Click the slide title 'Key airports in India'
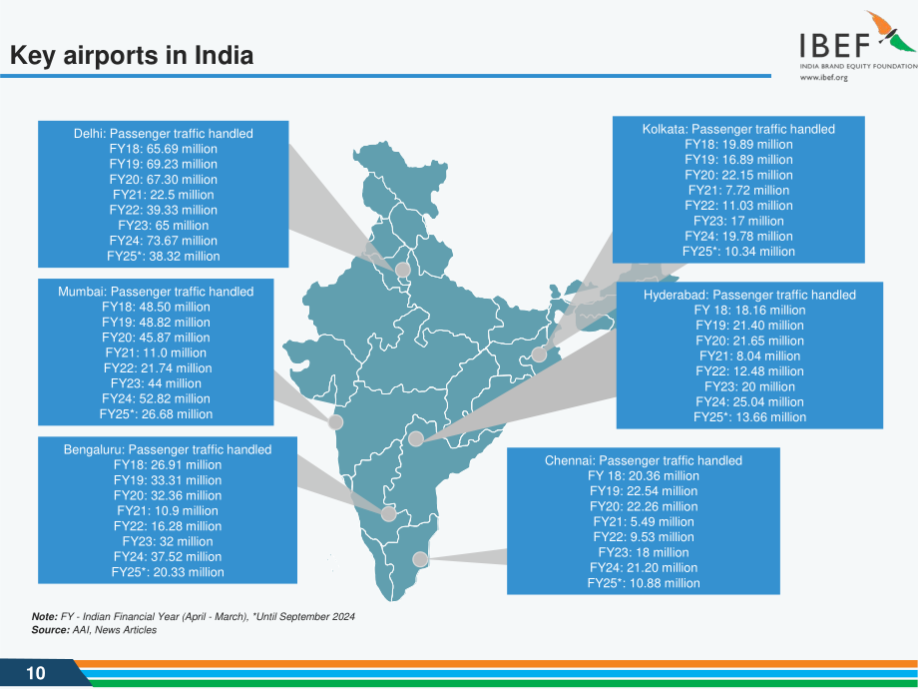tap(132, 55)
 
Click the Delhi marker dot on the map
tap(403, 270)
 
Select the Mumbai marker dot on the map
tap(335, 421)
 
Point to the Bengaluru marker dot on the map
tap(389, 514)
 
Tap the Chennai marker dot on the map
tap(420, 559)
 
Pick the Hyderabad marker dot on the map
tap(416, 438)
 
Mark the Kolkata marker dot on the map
tap(539, 354)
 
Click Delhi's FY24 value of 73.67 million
tap(164, 241)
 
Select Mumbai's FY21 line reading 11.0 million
tap(156, 352)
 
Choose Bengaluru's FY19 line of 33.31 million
tap(168, 480)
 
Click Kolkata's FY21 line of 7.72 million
tap(738, 191)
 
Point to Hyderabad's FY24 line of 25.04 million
tap(750, 401)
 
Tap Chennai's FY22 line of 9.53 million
tap(644, 537)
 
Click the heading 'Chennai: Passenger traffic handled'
tap(644, 460)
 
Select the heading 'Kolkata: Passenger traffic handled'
tap(738, 129)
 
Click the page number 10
tap(36, 673)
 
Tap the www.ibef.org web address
tap(824, 77)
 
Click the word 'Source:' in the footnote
tap(50, 630)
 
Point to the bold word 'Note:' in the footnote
tap(45, 616)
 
